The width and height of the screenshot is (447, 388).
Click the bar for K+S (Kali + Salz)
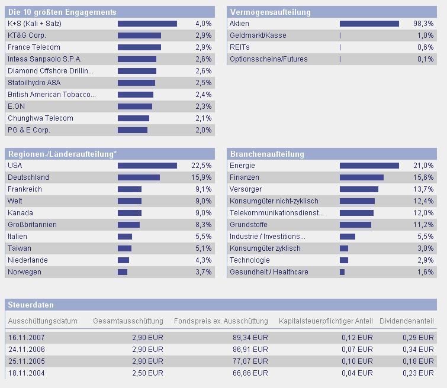(147, 24)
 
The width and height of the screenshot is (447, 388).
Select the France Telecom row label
(34, 47)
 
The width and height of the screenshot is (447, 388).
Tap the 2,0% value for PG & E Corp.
(203, 130)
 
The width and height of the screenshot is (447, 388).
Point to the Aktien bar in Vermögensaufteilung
(369, 24)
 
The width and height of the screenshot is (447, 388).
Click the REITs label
(239, 47)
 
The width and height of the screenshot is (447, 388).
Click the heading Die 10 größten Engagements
(62, 12)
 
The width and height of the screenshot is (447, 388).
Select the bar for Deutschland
(139, 177)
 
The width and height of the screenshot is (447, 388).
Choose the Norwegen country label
(24, 272)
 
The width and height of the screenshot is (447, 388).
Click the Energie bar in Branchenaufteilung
(369, 166)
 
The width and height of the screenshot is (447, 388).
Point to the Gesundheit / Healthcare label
(269, 272)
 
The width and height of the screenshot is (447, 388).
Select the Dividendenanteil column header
(407, 321)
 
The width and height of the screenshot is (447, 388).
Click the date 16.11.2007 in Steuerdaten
(26, 338)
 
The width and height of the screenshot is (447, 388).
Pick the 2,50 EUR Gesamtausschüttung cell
(147, 373)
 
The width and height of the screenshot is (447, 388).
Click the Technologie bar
(344, 260)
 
